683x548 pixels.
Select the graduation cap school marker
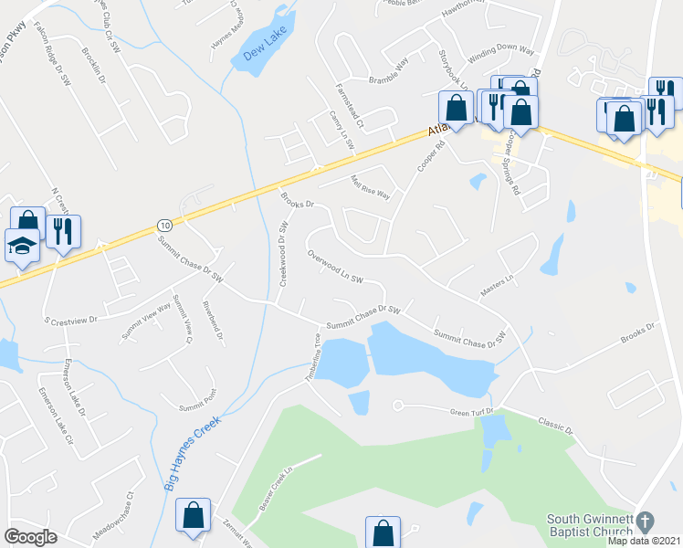tap(21, 245)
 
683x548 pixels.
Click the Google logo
tap(30, 537)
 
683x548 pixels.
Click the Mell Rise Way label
tap(371, 188)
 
